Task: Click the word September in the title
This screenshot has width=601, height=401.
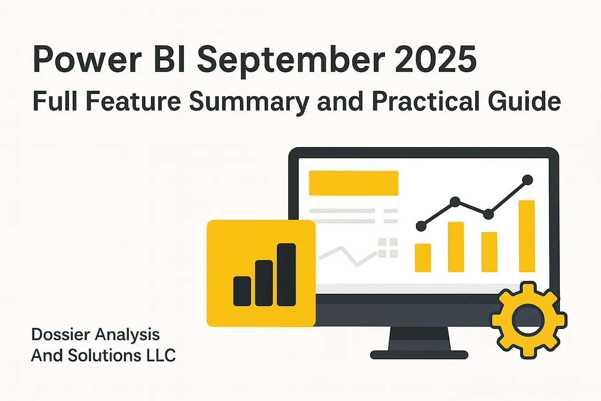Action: [291, 60]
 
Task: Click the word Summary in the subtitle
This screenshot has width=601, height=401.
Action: [249, 101]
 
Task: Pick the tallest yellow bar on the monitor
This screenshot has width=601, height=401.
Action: [527, 236]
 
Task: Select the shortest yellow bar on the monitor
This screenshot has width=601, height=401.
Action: [423, 257]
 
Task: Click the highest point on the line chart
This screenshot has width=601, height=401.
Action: [527, 180]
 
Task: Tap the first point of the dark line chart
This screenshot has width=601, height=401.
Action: [421, 226]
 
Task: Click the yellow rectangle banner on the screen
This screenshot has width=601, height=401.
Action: [353, 183]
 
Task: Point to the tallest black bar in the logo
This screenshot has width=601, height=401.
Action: [286, 275]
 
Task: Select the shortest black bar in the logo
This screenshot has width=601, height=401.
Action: [242, 291]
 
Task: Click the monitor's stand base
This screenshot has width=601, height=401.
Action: [419, 354]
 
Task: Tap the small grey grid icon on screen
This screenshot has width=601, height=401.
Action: [388, 248]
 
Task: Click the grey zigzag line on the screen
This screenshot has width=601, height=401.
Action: [347, 256]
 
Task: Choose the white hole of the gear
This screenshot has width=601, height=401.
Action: [528, 320]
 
